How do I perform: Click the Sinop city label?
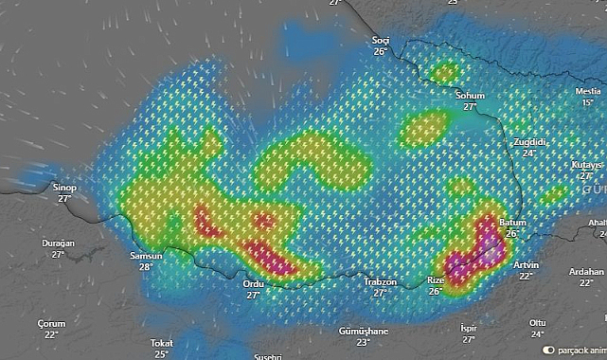[x=64, y=188]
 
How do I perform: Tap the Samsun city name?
[x=146, y=256]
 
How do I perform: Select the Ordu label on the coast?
[x=253, y=283]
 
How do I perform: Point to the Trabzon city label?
[x=380, y=282]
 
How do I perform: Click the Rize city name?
[x=436, y=280]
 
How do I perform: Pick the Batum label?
[x=511, y=222]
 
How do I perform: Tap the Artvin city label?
[x=526, y=264]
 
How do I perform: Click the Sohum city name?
[x=470, y=96]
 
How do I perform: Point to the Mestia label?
[x=588, y=91]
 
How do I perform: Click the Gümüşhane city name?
[x=364, y=331]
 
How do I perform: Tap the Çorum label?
[x=51, y=323]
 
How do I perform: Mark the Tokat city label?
[x=161, y=343]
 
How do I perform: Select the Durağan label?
[x=58, y=243]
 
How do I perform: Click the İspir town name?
[x=468, y=328]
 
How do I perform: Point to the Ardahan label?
[x=586, y=272]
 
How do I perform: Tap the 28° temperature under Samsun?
[x=146, y=267]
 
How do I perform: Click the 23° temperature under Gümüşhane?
[x=364, y=342]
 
